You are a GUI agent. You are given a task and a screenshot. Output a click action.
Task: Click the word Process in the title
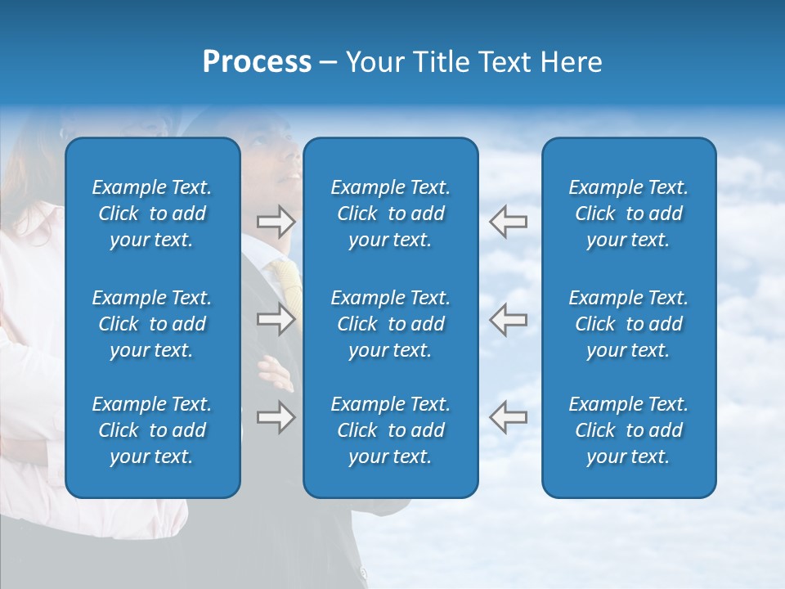click(257, 62)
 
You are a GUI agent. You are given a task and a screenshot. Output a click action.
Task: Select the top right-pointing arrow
click(276, 221)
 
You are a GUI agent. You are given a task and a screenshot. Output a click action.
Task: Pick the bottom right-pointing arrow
click(276, 417)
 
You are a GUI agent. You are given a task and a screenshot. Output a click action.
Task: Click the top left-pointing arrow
click(508, 221)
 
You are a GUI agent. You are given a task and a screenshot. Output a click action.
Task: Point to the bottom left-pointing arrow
click(508, 417)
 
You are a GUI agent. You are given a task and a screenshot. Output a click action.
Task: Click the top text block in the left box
click(152, 214)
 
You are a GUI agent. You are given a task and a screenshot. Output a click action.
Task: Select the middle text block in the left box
click(152, 324)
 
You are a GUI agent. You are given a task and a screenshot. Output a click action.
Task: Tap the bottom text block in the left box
click(152, 430)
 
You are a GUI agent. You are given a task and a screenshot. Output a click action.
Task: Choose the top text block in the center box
click(391, 214)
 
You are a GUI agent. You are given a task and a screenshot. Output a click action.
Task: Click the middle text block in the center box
click(391, 324)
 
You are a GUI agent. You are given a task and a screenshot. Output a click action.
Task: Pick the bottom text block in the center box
click(391, 430)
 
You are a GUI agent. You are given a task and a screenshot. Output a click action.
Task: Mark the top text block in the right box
click(629, 214)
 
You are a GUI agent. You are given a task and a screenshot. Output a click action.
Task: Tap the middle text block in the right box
click(629, 324)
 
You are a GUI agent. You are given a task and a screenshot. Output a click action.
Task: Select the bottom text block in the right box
click(629, 430)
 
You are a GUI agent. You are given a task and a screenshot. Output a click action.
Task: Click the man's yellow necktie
click(289, 282)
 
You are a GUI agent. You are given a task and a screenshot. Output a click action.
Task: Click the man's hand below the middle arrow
click(277, 372)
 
